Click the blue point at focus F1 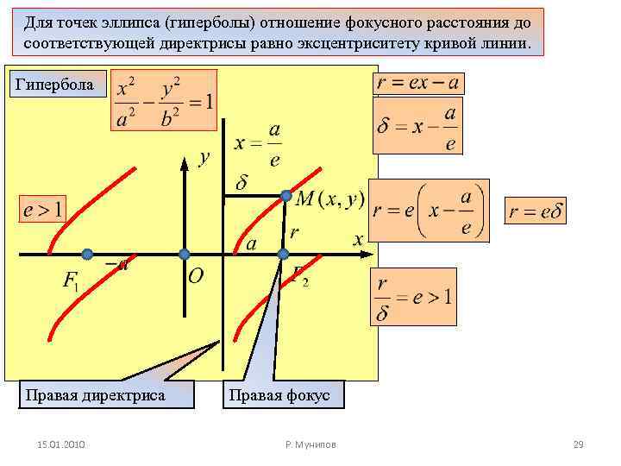coord(87,254)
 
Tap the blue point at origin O coord(184,254)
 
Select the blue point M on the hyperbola coord(287,196)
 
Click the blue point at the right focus coord(283,254)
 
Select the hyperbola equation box coord(164,101)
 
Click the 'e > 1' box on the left coord(43,209)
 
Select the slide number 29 coord(578,444)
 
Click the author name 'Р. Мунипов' coord(310,444)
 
